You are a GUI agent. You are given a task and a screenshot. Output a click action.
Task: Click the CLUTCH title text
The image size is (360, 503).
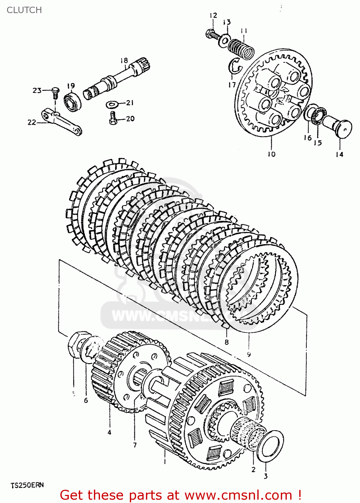pyautogui.click(x=24, y=10)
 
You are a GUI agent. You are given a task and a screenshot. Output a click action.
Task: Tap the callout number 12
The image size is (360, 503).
pyautogui.click(x=213, y=15)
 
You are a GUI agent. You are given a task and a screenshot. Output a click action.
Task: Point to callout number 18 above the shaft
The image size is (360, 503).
pyautogui.click(x=124, y=60)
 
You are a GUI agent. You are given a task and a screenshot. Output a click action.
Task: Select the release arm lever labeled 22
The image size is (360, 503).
pyautogui.click(x=62, y=122)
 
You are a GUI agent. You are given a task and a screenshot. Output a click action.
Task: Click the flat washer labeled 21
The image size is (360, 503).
pyautogui.click(x=112, y=105)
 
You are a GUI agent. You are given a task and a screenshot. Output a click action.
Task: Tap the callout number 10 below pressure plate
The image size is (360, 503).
pyautogui.click(x=271, y=154)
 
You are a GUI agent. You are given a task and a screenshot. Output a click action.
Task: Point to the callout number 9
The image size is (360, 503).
pyautogui.click(x=249, y=354)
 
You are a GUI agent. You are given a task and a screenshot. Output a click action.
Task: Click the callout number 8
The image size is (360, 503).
pyautogui.click(x=227, y=342)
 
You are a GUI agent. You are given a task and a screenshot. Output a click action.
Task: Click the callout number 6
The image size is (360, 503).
pyautogui.click(x=86, y=400)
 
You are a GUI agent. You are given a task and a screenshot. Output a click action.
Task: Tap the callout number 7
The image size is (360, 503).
pyautogui.click(x=135, y=445)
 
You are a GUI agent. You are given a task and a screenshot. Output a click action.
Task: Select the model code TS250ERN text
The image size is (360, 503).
pyautogui.click(x=27, y=485)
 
